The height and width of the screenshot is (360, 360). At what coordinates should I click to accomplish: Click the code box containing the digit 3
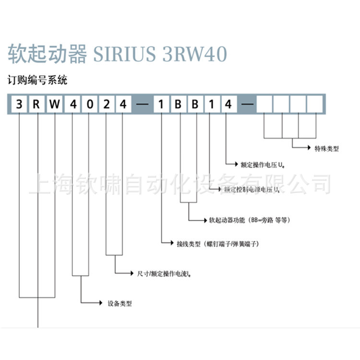click(19, 104)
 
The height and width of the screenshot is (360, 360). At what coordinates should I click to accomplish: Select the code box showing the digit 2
click(106, 104)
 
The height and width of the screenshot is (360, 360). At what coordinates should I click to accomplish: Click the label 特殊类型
click(326, 149)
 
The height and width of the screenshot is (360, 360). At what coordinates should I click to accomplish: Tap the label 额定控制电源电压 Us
click(252, 190)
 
